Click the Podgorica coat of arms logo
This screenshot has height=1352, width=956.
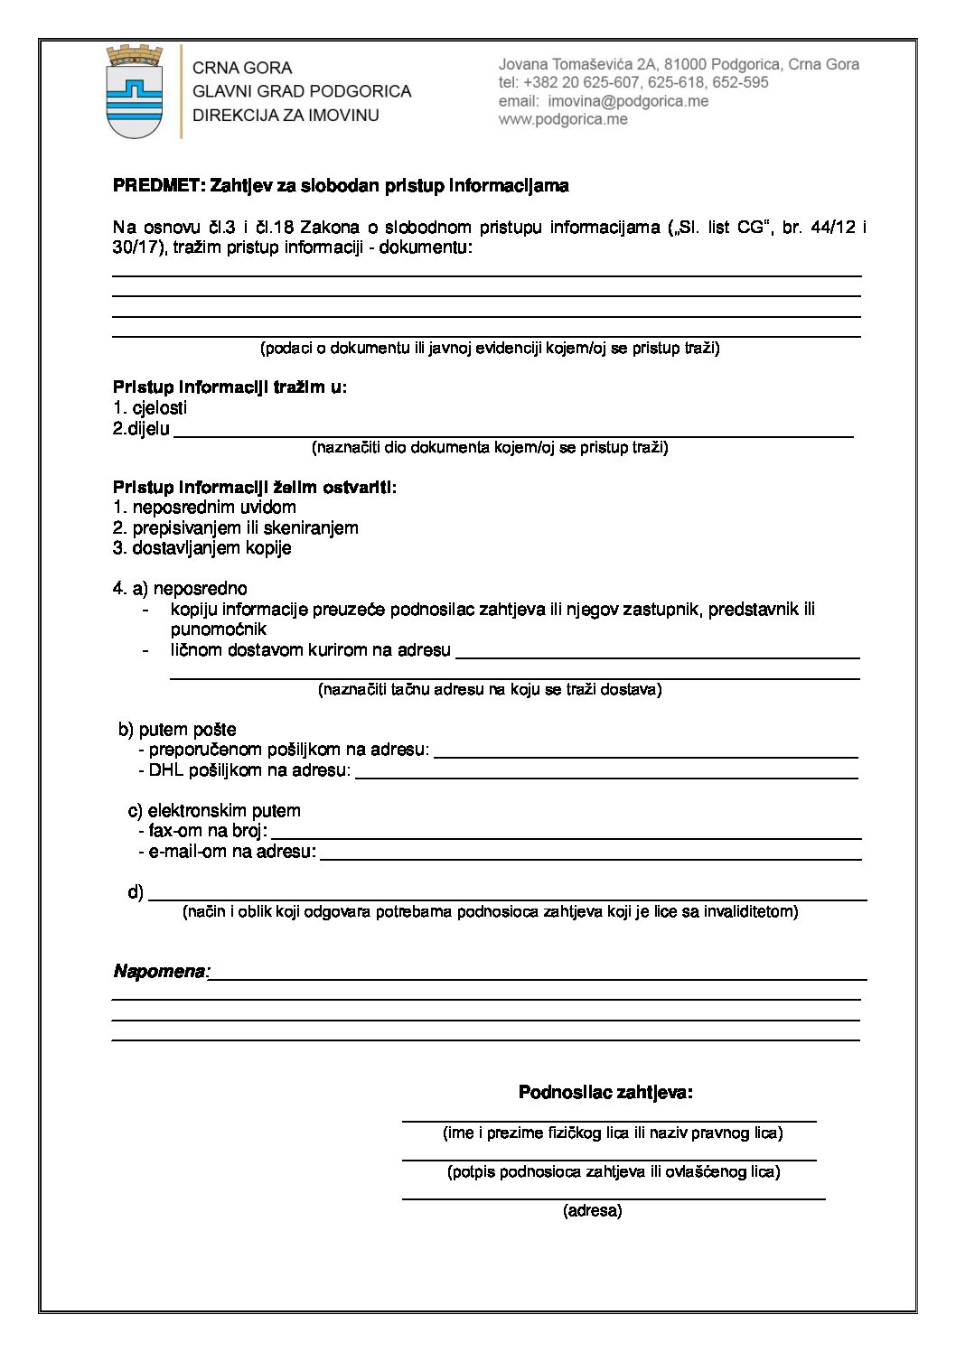[x=135, y=92]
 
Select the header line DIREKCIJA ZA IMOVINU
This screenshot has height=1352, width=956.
[x=286, y=116]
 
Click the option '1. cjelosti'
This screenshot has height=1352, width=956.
[x=150, y=408]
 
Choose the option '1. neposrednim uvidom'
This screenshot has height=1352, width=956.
[x=205, y=508]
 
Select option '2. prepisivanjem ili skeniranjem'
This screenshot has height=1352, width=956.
[x=236, y=527]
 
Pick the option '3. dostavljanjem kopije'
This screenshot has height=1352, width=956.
[x=202, y=548]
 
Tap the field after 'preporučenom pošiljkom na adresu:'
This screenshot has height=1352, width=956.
[x=645, y=751]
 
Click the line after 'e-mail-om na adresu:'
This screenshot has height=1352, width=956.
[x=590, y=853]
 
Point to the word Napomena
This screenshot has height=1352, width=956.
[x=160, y=972]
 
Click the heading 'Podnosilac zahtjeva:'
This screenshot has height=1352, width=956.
[x=605, y=1093]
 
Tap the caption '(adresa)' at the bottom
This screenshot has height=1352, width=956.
[x=593, y=1211]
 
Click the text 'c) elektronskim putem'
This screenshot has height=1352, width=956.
[x=214, y=811]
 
